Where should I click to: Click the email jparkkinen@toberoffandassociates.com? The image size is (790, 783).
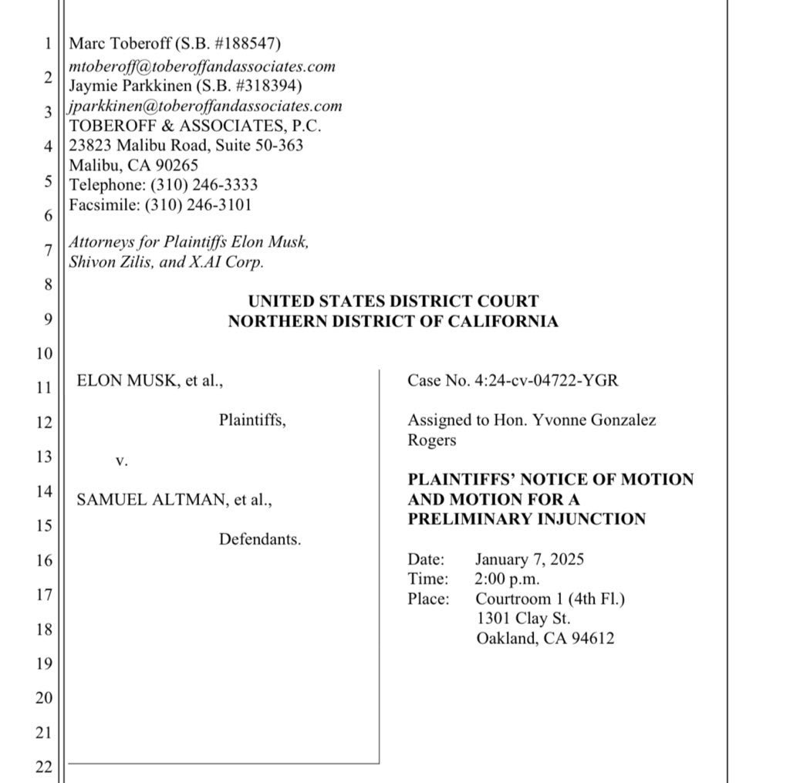(x=205, y=106)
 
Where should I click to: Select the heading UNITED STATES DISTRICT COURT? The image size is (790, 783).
(x=393, y=302)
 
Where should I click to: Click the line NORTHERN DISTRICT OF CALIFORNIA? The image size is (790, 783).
(x=393, y=322)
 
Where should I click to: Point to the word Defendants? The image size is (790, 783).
(x=259, y=539)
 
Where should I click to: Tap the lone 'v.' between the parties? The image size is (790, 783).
(x=121, y=461)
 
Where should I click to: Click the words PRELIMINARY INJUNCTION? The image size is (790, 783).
(x=527, y=518)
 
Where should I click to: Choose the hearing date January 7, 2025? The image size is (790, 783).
(x=529, y=559)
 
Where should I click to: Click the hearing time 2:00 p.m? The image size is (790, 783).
(x=508, y=579)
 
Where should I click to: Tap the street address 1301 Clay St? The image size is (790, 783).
(x=524, y=618)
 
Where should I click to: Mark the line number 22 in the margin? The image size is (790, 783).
(x=43, y=767)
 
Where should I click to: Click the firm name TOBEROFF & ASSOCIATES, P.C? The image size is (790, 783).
(x=195, y=125)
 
